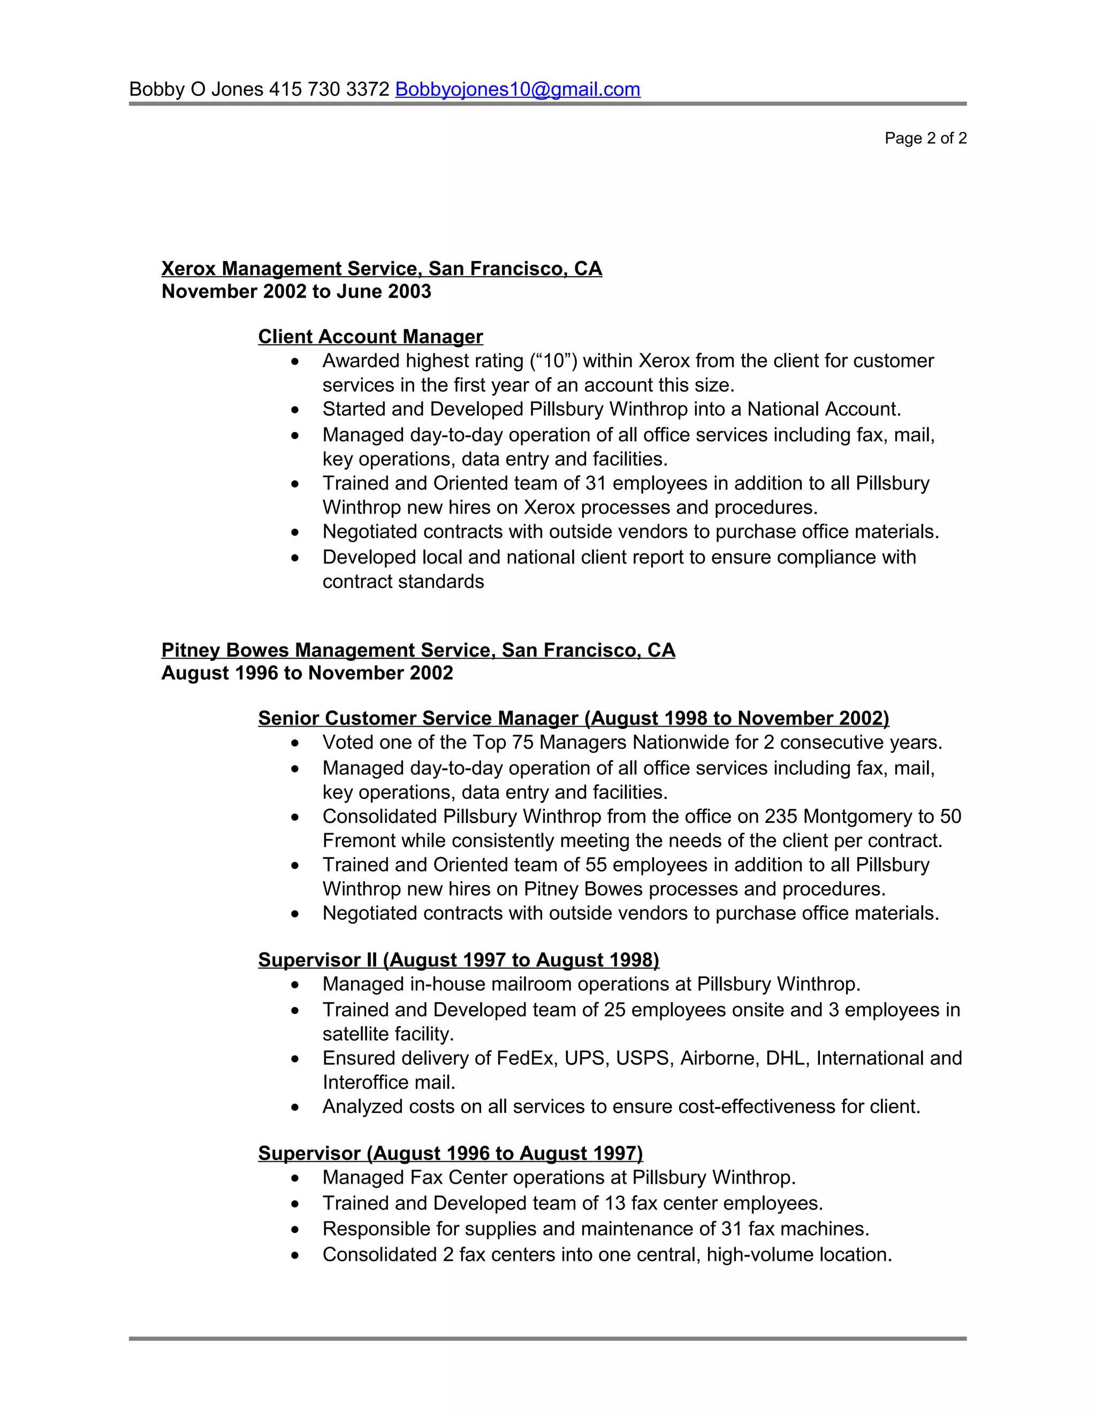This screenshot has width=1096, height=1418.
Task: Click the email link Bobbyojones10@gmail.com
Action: pos(517,89)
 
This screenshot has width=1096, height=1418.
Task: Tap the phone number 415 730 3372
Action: pos(329,89)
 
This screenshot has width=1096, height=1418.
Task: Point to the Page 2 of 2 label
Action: pos(925,138)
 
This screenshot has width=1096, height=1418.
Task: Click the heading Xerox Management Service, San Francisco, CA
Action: pos(381,269)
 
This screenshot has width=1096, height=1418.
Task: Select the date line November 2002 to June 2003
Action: pos(296,292)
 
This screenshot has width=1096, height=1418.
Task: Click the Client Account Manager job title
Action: pos(370,337)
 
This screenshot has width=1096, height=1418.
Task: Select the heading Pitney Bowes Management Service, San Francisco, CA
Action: pos(417,651)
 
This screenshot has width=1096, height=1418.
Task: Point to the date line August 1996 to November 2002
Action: pos(307,673)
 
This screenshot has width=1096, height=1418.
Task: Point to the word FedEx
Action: pos(524,1058)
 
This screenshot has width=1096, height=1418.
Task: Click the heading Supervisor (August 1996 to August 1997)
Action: pos(450,1153)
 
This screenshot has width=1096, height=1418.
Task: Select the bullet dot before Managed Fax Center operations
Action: pos(295,1178)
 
